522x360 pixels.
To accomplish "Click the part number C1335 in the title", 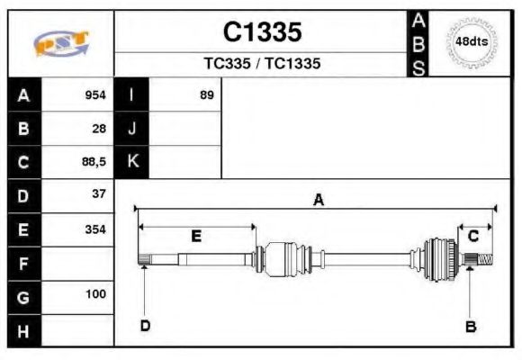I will pyautogui.click(x=262, y=32).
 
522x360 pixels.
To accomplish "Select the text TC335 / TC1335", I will pyautogui.click(x=262, y=64).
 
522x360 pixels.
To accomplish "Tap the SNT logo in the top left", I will pyautogui.click(x=61, y=43).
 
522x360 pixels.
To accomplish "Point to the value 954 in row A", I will pyautogui.click(x=95, y=95).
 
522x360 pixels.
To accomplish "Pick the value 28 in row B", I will pyautogui.click(x=99, y=129).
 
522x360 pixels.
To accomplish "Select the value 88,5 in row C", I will pyautogui.click(x=94, y=162).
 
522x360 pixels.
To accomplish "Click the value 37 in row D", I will pyautogui.click(x=99, y=194).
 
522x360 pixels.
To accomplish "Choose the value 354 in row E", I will pyautogui.click(x=95, y=229).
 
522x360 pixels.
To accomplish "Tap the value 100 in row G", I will pyautogui.click(x=95, y=294).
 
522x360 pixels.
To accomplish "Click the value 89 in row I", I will pyautogui.click(x=207, y=95).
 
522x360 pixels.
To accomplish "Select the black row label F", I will pyautogui.click(x=23, y=263).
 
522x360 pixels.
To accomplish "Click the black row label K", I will pyautogui.click(x=131, y=162).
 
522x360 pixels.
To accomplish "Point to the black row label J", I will pyautogui.click(x=131, y=129).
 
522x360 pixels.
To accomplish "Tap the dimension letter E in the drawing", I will pyautogui.click(x=195, y=236).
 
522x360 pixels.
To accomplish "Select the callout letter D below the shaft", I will pyautogui.click(x=144, y=326).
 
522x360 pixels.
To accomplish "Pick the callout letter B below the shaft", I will pyautogui.click(x=470, y=326).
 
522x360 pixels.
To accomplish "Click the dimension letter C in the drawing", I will pyautogui.click(x=473, y=236).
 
